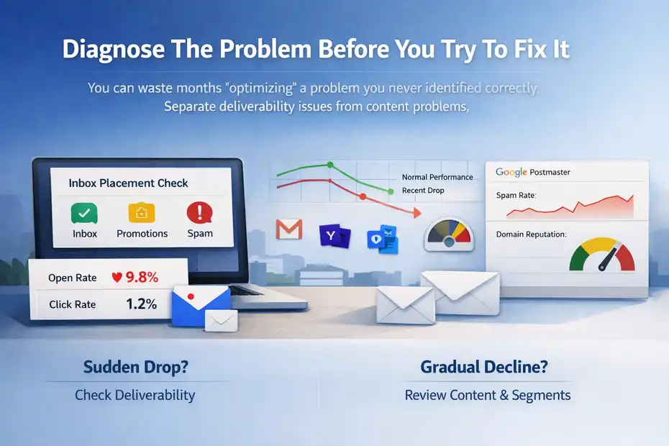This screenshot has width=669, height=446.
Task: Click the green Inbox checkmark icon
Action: point(84,213)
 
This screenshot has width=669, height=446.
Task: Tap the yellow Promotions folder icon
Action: point(142,212)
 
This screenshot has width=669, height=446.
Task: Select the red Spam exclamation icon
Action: point(199,212)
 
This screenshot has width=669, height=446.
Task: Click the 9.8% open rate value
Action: point(142,278)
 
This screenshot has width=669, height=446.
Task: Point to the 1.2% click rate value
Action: point(141,304)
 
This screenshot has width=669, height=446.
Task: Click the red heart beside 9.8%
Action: point(117,278)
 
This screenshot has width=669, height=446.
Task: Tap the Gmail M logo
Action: point(289,229)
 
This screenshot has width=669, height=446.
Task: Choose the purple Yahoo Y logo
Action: point(335,236)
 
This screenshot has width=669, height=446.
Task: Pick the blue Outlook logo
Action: point(383,240)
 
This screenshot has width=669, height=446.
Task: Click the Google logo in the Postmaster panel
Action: point(511,172)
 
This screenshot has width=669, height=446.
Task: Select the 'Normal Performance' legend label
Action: point(437,177)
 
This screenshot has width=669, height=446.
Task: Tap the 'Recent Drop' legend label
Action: point(423,191)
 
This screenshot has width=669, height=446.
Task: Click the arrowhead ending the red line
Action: point(417,212)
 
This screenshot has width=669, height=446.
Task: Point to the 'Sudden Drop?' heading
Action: point(136,367)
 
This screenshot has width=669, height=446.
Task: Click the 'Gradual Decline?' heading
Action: point(484,367)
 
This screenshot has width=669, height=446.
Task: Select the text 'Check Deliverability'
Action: point(135,395)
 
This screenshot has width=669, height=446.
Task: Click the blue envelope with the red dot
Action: point(201,306)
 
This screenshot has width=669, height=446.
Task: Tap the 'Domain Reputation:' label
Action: point(531,235)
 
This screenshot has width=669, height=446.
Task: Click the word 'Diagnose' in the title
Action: point(114,49)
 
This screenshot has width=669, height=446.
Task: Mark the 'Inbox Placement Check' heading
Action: point(128,183)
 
